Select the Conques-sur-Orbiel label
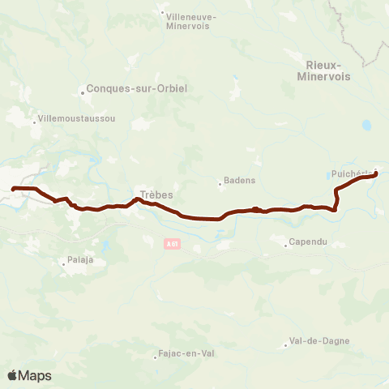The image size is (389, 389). point(130,91)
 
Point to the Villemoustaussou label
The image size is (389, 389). point(77,118)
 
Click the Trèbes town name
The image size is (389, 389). point(156,194)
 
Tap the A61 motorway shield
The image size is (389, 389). point(170,242)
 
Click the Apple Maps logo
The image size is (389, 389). point(29,375)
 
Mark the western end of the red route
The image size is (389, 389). point(13,189)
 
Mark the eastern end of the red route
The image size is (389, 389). point(376,173)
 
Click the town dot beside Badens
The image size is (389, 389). point(220,182)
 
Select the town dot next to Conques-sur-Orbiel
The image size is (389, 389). point(83,91)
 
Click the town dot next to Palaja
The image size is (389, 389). point(63,262)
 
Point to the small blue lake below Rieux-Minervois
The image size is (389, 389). point(366,126)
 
